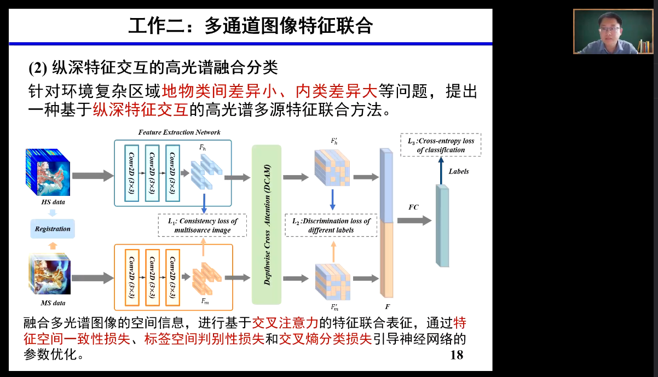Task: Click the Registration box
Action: (x=53, y=229)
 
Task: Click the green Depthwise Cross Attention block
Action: (x=267, y=225)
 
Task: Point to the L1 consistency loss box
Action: (x=203, y=225)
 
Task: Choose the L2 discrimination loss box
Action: (x=331, y=225)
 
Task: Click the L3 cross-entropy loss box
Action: (x=441, y=145)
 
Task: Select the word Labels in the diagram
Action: (x=459, y=171)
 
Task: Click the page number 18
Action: (x=456, y=355)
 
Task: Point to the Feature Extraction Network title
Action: (x=179, y=132)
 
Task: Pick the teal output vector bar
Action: (x=442, y=225)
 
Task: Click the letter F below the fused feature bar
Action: (x=387, y=306)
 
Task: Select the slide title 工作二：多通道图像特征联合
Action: (x=250, y=25)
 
